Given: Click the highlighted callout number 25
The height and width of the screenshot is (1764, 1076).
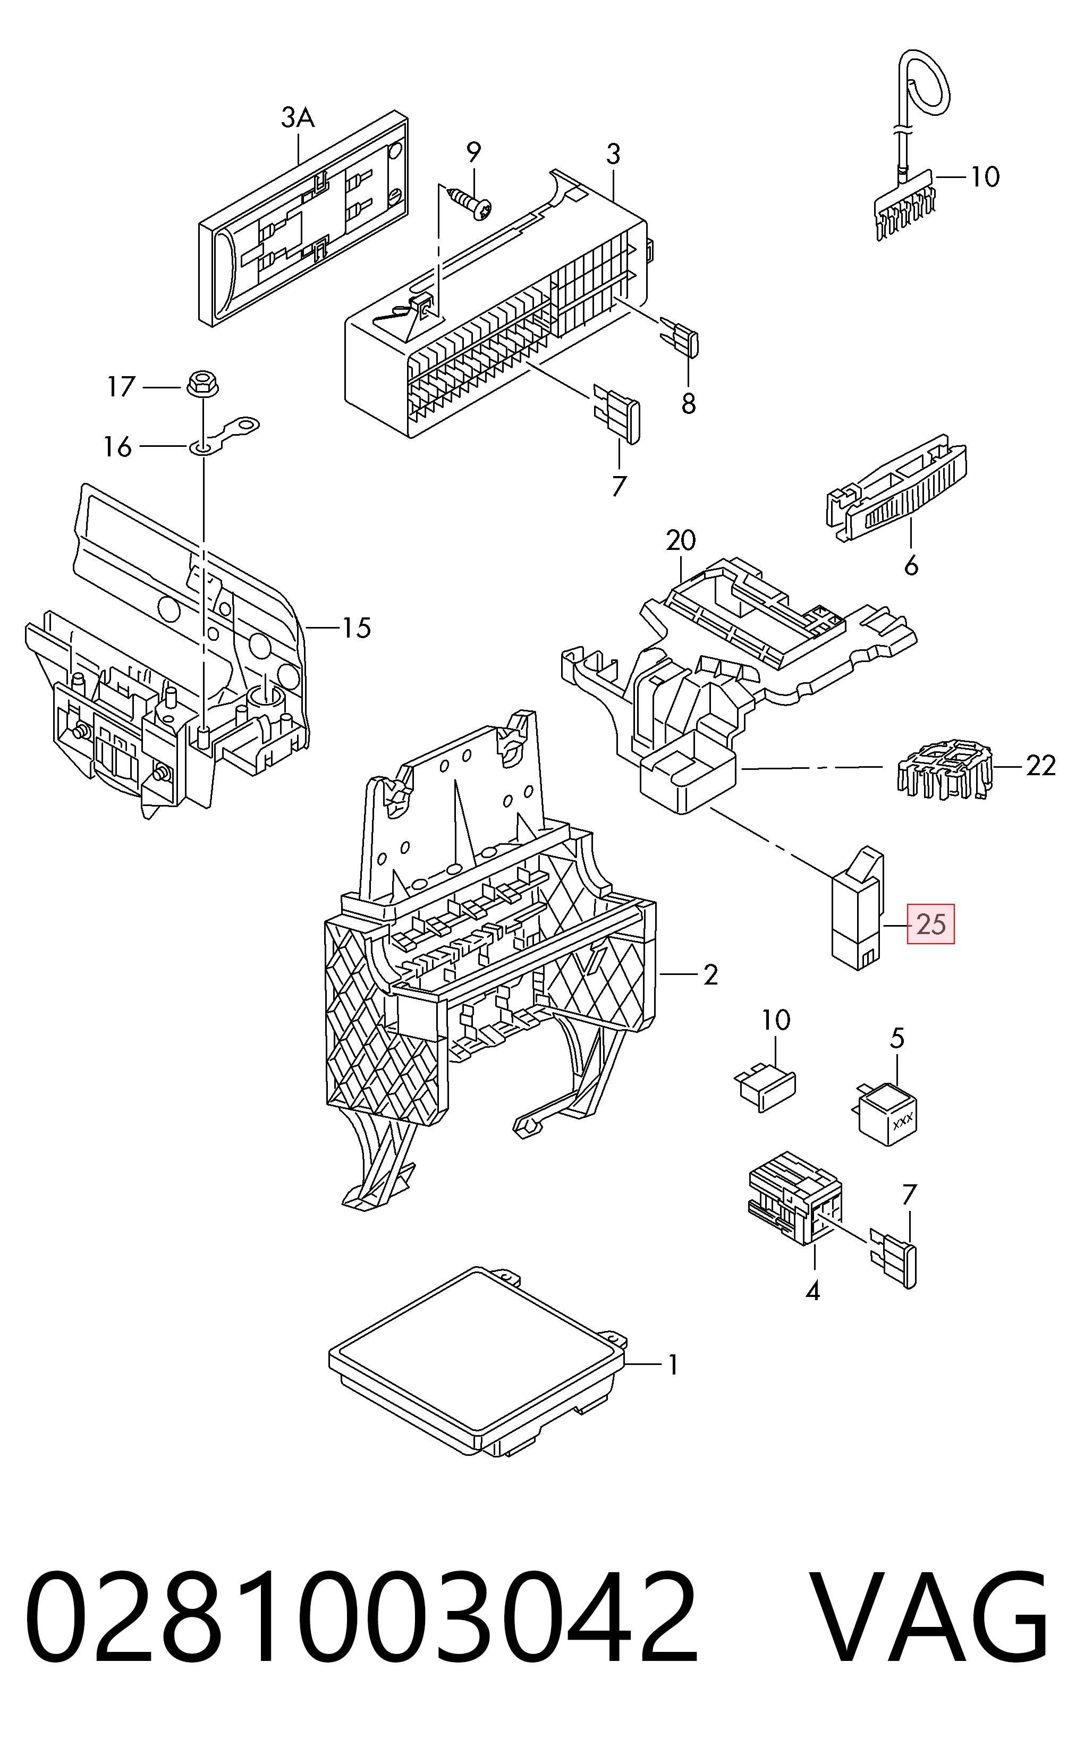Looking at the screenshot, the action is pyautogui.click(x=930, y=924).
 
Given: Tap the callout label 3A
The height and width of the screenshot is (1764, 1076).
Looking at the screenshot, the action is pyautogui.click(x=298, y=117).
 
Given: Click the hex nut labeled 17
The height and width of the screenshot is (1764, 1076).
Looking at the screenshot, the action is pyautogui.click(x=202, y=384).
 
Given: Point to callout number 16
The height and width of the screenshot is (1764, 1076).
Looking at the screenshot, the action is pyautogui.click(x=118, y=447).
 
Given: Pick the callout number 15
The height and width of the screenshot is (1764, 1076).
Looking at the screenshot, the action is pyautogui.click(x=356, y=628).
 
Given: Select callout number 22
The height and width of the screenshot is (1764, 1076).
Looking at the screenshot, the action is pyautogui.click(x=1040, y=766).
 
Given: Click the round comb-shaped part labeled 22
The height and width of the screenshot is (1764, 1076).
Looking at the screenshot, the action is pyautogui.click(x=944, y=771).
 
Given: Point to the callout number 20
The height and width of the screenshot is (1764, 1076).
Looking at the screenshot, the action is pyautogui.click(x=680, y=540).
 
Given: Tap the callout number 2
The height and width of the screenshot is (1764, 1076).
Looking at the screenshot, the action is pyautogui.click(x=710, y=974).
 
